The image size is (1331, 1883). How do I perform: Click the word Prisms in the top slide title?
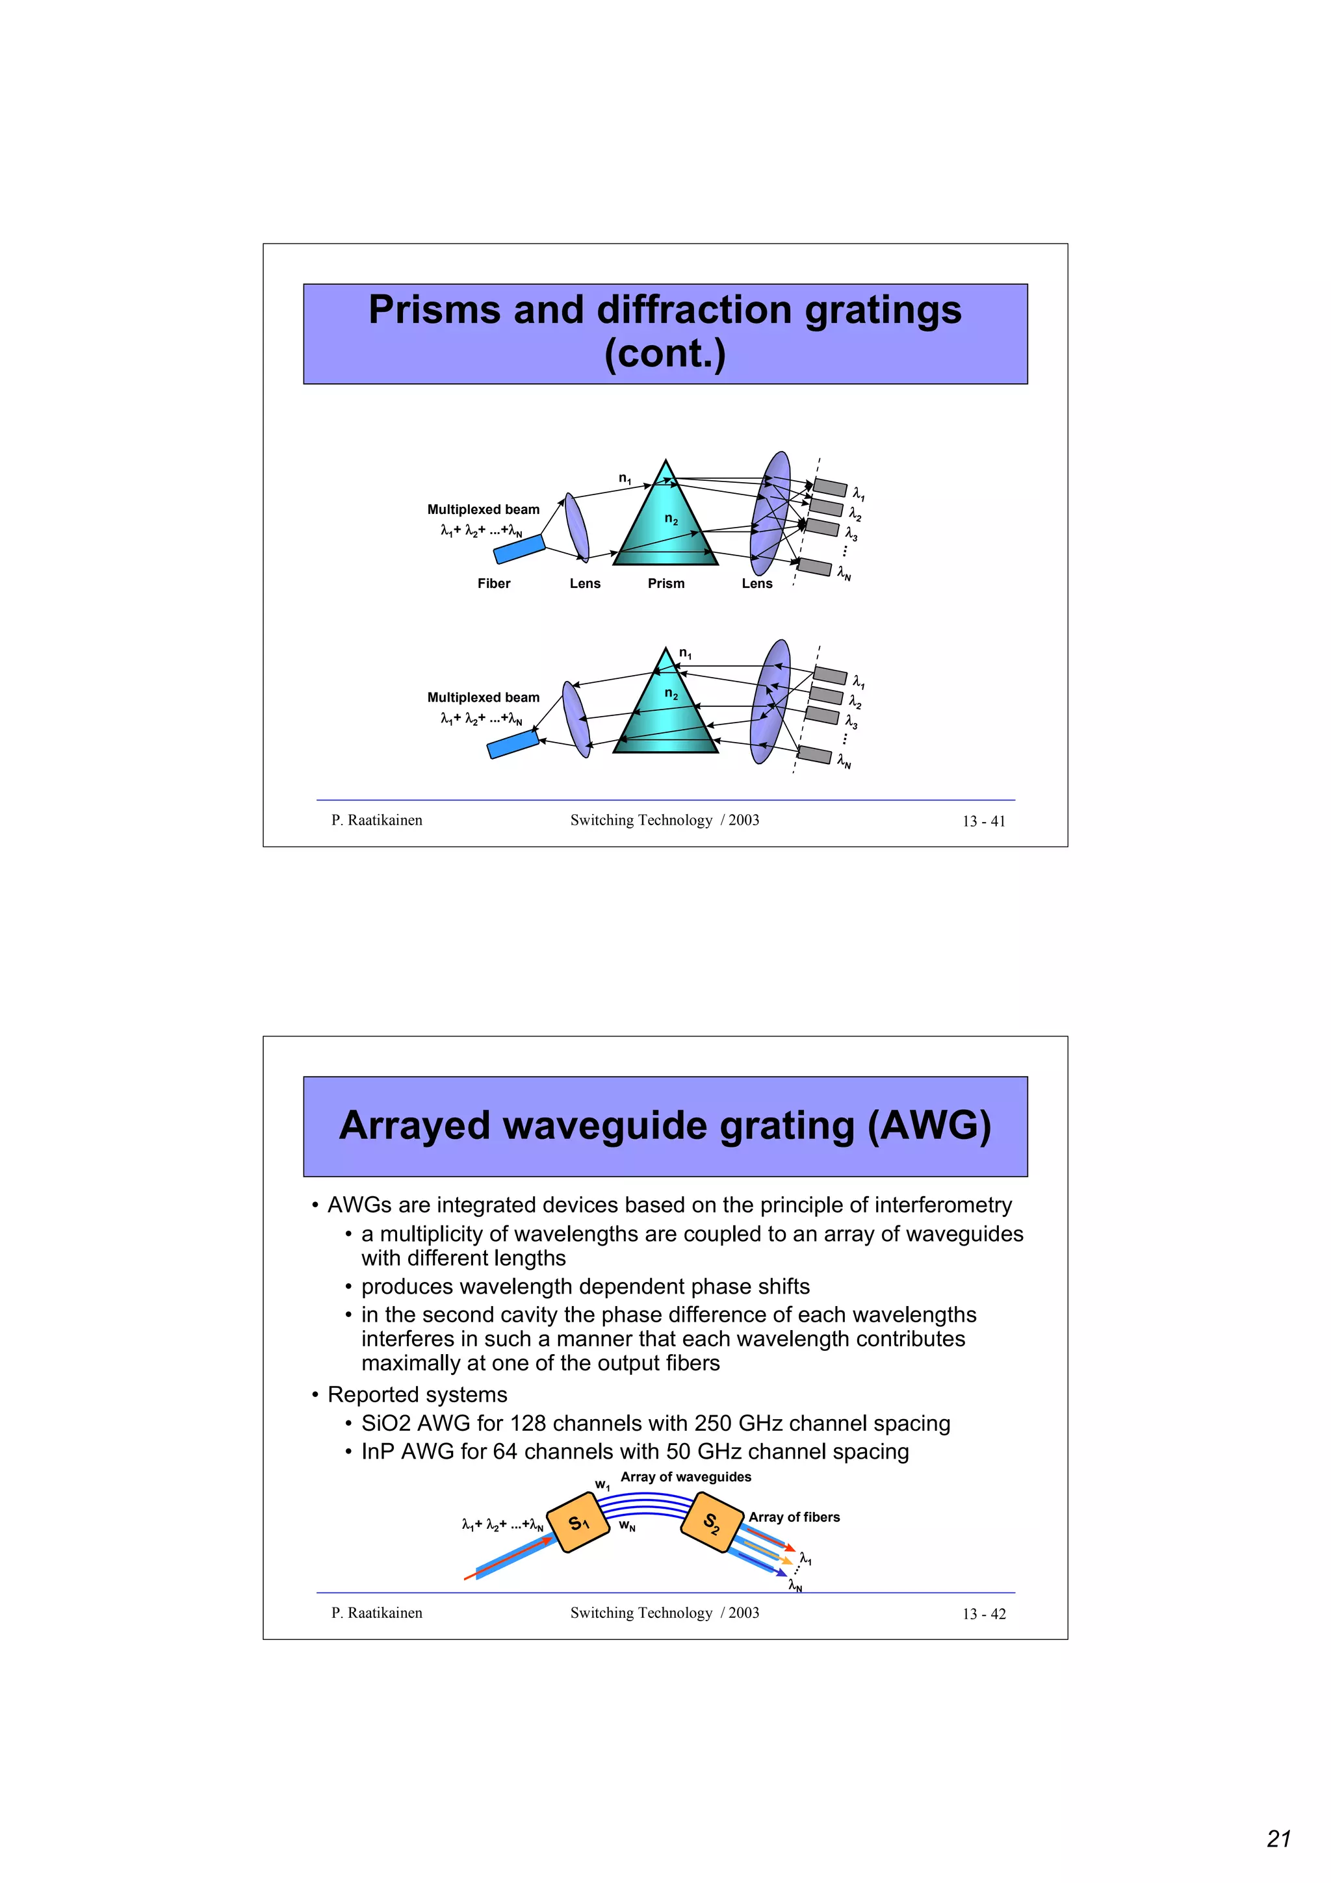[434, 311]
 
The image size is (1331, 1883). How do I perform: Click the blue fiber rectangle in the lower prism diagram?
[513, 745]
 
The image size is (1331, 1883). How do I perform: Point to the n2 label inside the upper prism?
[671, 519]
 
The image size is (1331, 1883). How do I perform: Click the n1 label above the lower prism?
[685, 654]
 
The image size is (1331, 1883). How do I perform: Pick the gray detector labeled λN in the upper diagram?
[814, 567]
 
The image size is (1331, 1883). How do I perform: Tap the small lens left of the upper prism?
[576, 526]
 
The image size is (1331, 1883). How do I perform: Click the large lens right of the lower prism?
[770, 701]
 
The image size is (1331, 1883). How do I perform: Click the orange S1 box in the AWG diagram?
[578, 1523]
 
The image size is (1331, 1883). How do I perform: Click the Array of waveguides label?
[686, 1477]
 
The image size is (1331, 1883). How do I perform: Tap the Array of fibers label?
[794, 1517]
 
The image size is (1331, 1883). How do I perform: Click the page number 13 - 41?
[983, 821]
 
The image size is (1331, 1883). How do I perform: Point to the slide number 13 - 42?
[983, 1614]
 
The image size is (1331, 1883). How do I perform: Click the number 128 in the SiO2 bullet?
[530, 1424]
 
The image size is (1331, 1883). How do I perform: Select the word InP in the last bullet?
[378, 1452]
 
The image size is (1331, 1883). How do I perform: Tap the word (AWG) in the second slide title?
[929, 1126]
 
